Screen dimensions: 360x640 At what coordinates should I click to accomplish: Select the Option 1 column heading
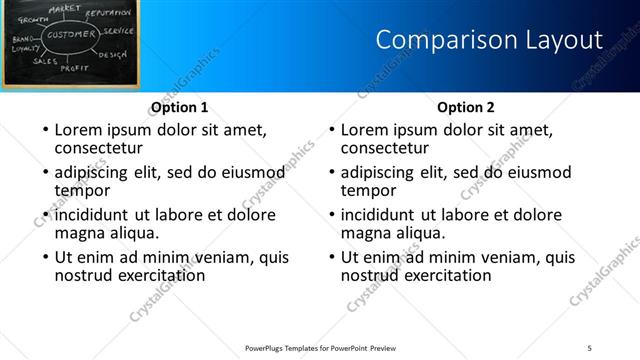pos(180,107)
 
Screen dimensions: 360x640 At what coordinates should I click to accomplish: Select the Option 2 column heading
pos(466,107)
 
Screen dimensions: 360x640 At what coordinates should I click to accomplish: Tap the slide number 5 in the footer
pos(590,347)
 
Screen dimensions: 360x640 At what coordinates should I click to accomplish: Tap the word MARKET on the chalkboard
pos(65,8)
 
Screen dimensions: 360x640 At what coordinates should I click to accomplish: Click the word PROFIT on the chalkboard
pos(74,68)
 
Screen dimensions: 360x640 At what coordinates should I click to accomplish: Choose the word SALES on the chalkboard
pos(45,61)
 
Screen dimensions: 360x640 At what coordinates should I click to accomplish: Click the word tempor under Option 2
pos(368,191)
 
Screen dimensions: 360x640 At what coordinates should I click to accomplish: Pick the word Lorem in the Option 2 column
pos(364,130)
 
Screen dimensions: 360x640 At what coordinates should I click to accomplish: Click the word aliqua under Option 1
pos(131,233)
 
